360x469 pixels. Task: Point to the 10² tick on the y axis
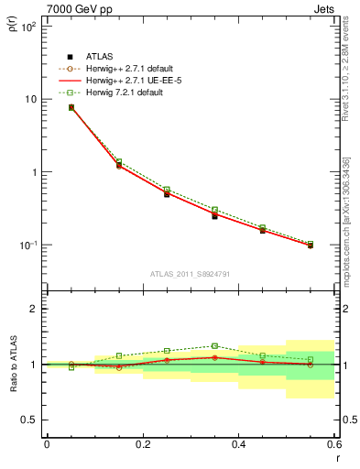tap(28, 27)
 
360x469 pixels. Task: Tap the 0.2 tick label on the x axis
tap(142, 444)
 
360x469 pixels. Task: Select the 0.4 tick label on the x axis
tap(238, 444)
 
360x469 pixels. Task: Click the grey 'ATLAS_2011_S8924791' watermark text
tap(190, 273)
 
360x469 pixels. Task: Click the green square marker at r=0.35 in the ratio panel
tap(214, 346)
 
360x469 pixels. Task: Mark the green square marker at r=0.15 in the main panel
tap(119, 162)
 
